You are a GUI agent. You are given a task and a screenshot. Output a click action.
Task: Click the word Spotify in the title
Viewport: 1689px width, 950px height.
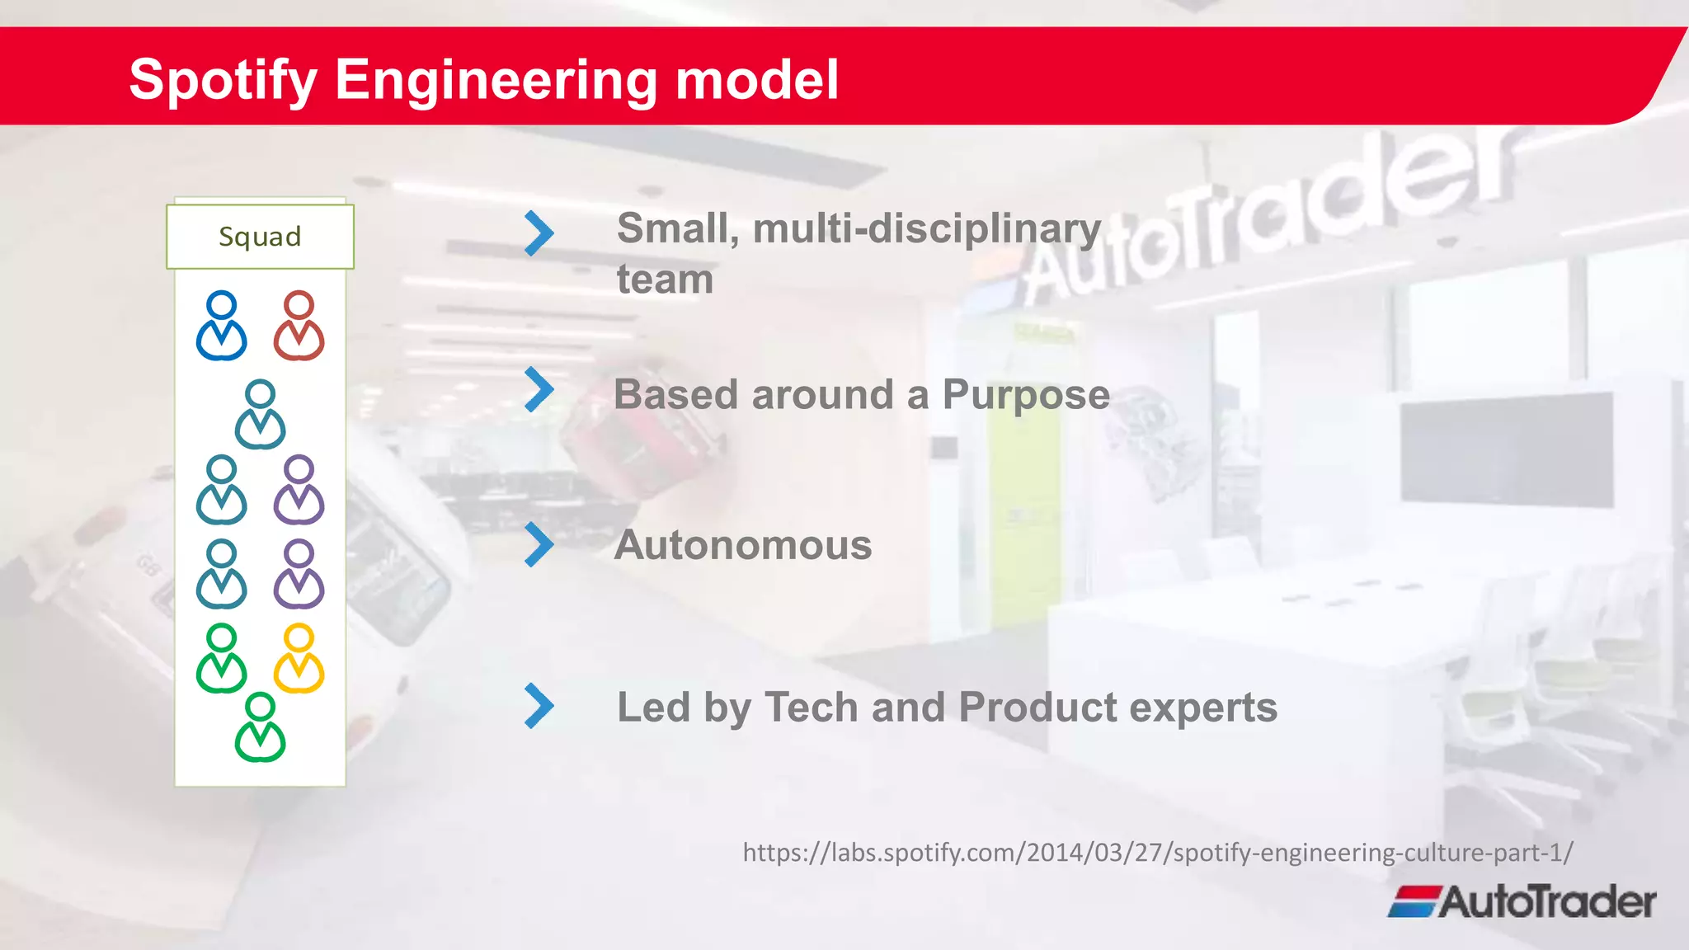(223, 80)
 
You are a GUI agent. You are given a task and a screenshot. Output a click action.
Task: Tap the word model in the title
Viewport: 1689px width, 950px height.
(756, 80)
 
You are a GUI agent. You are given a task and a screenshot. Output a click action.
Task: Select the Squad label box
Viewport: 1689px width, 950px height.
(260, 237)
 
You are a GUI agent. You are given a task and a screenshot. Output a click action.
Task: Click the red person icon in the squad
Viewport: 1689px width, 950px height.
(299, 327)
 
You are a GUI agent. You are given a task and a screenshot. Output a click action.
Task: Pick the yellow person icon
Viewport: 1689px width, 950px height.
(299, 659)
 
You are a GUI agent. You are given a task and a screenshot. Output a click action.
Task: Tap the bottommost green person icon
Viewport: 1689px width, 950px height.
(260, 727)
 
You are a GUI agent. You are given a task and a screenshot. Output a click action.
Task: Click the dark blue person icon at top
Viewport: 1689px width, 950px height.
(221, 327)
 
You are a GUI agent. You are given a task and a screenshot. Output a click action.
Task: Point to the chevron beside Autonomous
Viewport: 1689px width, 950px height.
(539, 544)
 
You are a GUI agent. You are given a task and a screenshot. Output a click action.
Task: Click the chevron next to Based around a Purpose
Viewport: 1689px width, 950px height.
(539, 389)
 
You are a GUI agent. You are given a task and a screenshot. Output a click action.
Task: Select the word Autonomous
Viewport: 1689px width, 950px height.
(742, 545)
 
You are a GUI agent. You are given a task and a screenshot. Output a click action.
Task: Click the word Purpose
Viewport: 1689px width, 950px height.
(1025, 395)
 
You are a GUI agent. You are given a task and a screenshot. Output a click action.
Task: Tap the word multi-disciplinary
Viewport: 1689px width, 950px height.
(926, 228)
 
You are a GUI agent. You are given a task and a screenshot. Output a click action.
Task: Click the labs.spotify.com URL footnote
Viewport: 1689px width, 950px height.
(1157, 852)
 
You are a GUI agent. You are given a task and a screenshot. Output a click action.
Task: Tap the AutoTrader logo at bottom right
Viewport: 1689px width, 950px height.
(1522, 901)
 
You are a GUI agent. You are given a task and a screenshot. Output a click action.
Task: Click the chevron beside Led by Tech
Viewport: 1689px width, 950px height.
(539, 706)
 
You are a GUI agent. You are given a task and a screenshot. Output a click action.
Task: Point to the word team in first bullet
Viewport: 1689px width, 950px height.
(665, 280)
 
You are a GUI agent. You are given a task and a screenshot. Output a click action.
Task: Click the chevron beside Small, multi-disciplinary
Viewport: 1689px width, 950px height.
(539, 233)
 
